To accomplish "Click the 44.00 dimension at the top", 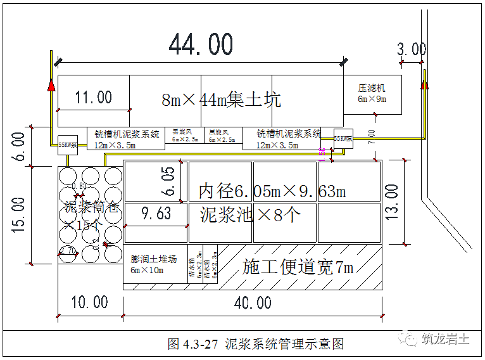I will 201,45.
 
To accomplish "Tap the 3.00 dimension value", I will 412,49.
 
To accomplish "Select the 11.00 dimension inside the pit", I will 93,97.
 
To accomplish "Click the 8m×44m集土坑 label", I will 221,100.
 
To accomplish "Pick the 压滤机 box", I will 372,94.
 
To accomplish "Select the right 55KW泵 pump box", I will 344,138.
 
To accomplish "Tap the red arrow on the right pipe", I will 425,82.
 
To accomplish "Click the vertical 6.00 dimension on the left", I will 19,146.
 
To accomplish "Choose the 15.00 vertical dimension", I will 19,214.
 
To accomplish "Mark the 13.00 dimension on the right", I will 392,202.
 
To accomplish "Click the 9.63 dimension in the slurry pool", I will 156,214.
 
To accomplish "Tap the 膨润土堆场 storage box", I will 154,264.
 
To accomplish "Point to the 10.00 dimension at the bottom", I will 89,302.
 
